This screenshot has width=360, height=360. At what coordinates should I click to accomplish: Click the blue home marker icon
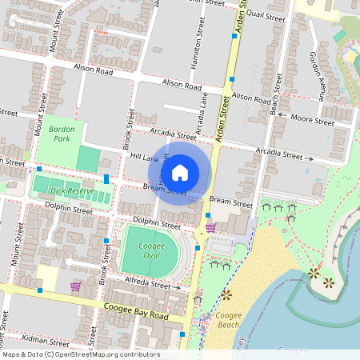(180, 172)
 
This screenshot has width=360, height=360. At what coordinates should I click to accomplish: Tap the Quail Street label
(266, 16)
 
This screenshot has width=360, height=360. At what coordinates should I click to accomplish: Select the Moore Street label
(312, 121)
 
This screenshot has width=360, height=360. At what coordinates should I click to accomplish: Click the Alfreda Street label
(149, 282)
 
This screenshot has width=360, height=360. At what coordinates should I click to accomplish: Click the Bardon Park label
(61, 133)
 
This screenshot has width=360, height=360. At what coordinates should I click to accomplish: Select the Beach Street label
(276, 96)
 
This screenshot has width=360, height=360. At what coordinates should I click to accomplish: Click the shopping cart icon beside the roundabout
(210, 227)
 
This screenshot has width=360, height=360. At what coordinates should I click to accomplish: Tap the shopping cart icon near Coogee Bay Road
(75, 286)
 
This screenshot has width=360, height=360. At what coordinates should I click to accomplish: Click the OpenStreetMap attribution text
(80, 354)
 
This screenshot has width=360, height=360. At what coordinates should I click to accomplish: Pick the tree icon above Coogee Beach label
(226, 295)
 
